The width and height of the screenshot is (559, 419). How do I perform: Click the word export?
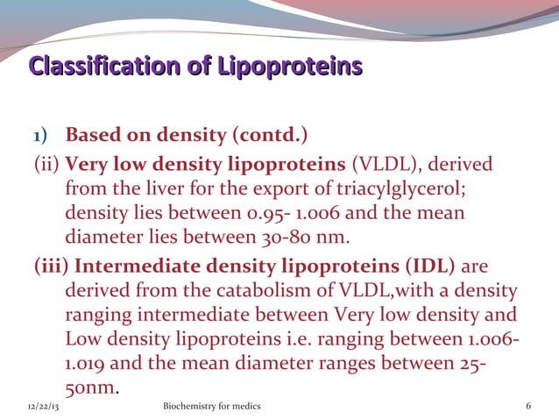pyautogui.click(x=323, y=188)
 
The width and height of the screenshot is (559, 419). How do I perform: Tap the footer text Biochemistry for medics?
pyautogui.click(x=212, y=408)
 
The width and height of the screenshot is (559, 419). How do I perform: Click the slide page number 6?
pyautogui.click(x=527, y=408)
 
